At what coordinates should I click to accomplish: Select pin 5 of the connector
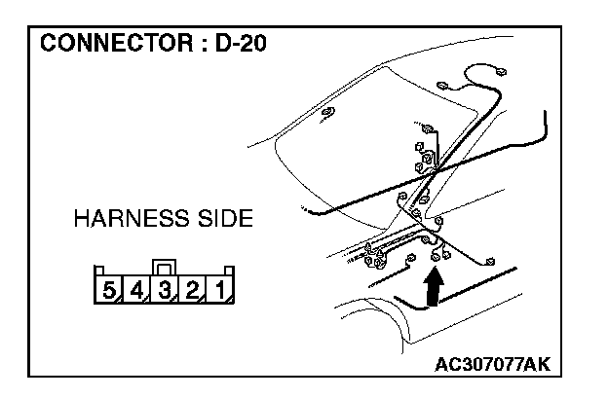[x=109, y=289]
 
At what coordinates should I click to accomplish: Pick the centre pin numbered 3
[x=166, y=289]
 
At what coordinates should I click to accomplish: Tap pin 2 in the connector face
[x=194, y=289]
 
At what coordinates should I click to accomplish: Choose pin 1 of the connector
[x=221, y=289]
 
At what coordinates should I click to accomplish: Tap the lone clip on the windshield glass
[x=327, y=115]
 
